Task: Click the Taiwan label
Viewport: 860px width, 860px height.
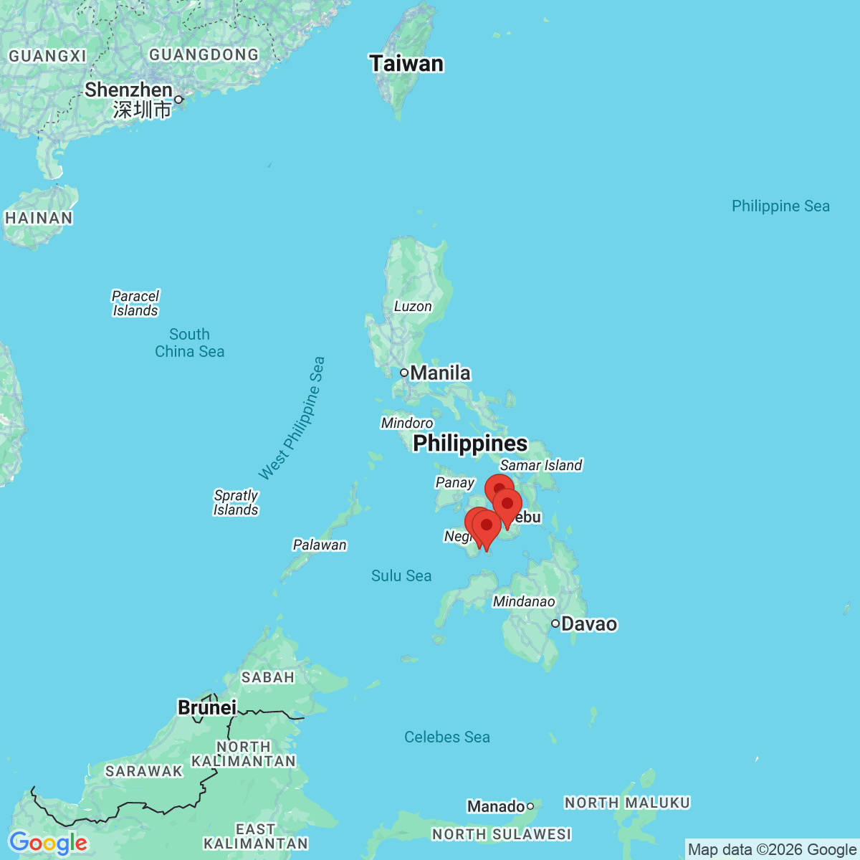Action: point(406,64)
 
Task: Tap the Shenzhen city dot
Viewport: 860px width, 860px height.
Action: point(178,100)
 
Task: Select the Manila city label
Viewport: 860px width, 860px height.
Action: point(440,373)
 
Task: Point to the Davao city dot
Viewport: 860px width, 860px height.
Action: point(555,623)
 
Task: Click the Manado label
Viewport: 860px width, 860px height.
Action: point(495,806)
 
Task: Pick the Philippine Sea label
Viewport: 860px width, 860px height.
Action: point(780,206)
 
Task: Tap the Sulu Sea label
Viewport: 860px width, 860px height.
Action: point(401,575)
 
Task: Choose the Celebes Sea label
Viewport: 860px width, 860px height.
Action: point(447,737)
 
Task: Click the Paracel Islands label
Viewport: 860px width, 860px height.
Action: point(135,303)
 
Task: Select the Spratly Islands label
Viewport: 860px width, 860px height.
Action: point(236,502)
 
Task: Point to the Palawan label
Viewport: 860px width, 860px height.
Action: point(320,545)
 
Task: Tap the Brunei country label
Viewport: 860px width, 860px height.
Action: point(207,707)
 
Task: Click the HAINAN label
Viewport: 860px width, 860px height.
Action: point(39,218)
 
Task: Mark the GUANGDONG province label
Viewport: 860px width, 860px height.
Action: point(204,54)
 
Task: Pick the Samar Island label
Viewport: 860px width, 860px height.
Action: point(541,465)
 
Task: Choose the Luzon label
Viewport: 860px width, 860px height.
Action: point(413,306)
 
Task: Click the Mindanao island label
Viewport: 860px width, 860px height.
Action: point(524,601)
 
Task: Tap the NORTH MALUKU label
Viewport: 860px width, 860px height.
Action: point(627,803)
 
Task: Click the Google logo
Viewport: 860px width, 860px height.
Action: point(48,843)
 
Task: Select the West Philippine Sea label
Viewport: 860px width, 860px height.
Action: point(292,419)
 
